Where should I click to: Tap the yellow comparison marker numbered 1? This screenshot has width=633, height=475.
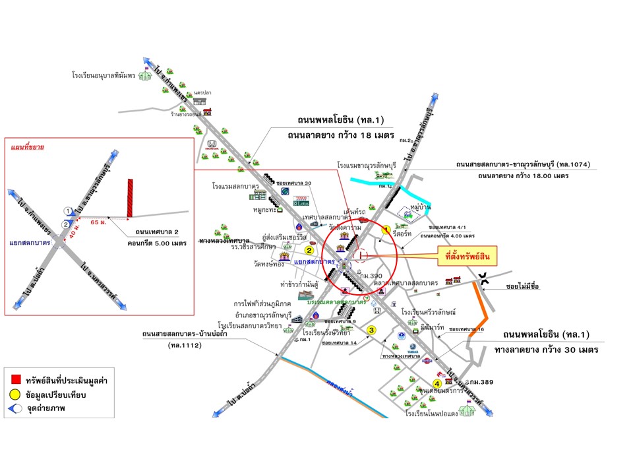[x=387, y=230]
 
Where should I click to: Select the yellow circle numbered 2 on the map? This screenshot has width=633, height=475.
[x=309, y=250]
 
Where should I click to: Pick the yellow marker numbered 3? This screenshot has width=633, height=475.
[x=372, y=330]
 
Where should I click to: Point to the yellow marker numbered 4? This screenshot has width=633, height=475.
[x=437, y=384]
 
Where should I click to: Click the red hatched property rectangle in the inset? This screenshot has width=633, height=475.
[x=131, y=197]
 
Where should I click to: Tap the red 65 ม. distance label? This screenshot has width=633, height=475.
[x=98, y=223]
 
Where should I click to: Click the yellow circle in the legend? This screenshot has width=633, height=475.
[x=16, y=394]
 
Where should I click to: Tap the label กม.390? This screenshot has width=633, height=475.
[x=369, y=274]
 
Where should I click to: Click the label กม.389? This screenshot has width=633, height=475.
[x=477, y=383]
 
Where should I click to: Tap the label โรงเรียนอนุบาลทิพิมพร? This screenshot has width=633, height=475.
[x=104, y=76]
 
